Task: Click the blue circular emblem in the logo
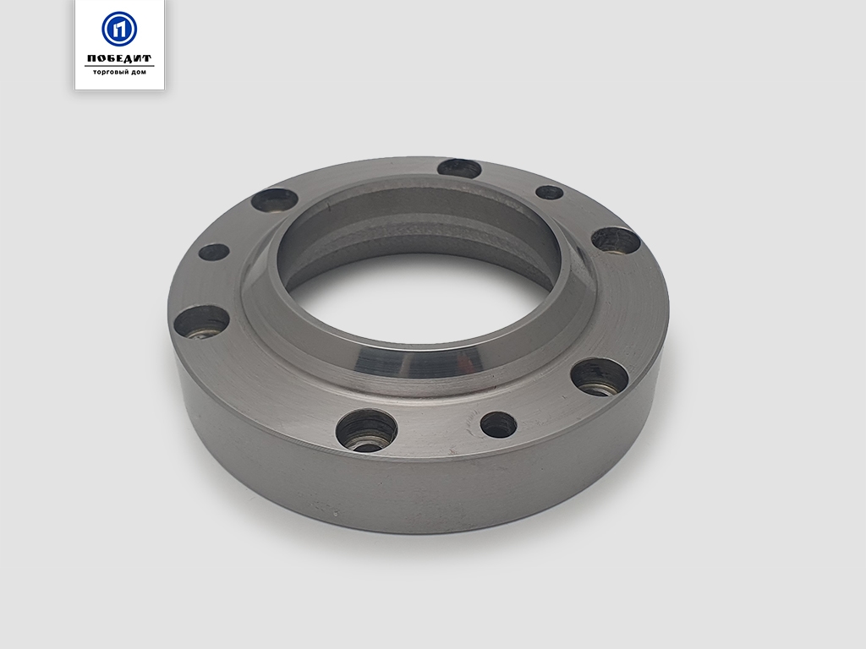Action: [x=119, y=29]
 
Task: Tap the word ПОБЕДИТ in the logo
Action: [x=119, y=58]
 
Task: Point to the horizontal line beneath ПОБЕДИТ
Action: [x=119, y=66]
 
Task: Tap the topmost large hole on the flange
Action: [x=459, y=168]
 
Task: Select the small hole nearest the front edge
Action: [x=498, y=424]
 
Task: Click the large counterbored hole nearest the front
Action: [x=367, y=429]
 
